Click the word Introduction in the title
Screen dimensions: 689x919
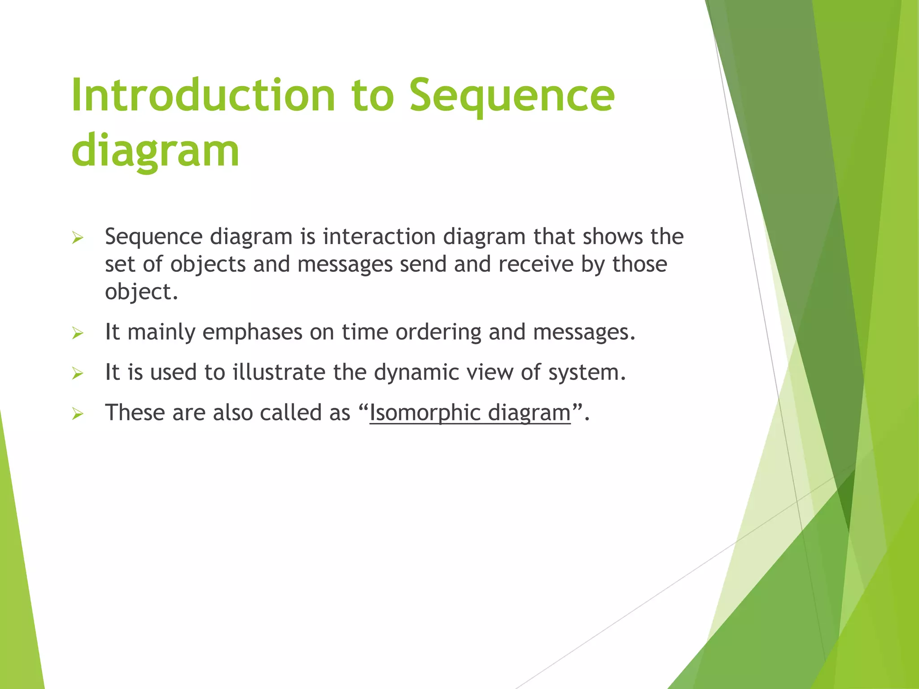[x=203, y=95]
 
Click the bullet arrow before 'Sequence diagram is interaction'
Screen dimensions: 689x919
[x=78, y=238]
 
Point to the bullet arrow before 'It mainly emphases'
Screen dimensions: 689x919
[x=78, y=333]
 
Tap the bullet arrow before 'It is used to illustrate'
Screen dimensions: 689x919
[x=78, y=373]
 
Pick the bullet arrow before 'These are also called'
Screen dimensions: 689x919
[x=78, y=414]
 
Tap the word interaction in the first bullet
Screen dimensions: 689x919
[x=379, y=236]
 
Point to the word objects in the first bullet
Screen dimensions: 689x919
[x=208, y=264]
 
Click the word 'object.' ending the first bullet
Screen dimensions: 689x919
[x=141, y=292]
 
